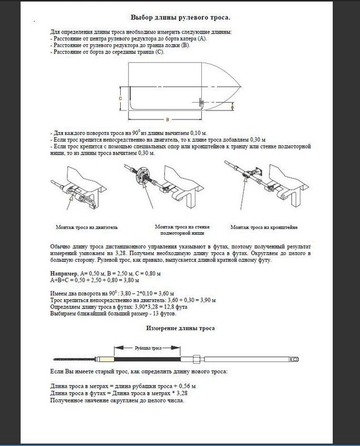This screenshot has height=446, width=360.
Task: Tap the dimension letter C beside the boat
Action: click(x=121, y=98)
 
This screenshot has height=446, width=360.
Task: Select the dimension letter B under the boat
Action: click(x=168, y=120)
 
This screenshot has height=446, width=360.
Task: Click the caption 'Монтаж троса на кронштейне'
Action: click(x=264, y=227)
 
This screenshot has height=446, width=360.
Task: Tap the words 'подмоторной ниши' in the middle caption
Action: click(x=181, y=232)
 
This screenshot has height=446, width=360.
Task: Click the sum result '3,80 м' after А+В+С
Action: click(x=132, y=280)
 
